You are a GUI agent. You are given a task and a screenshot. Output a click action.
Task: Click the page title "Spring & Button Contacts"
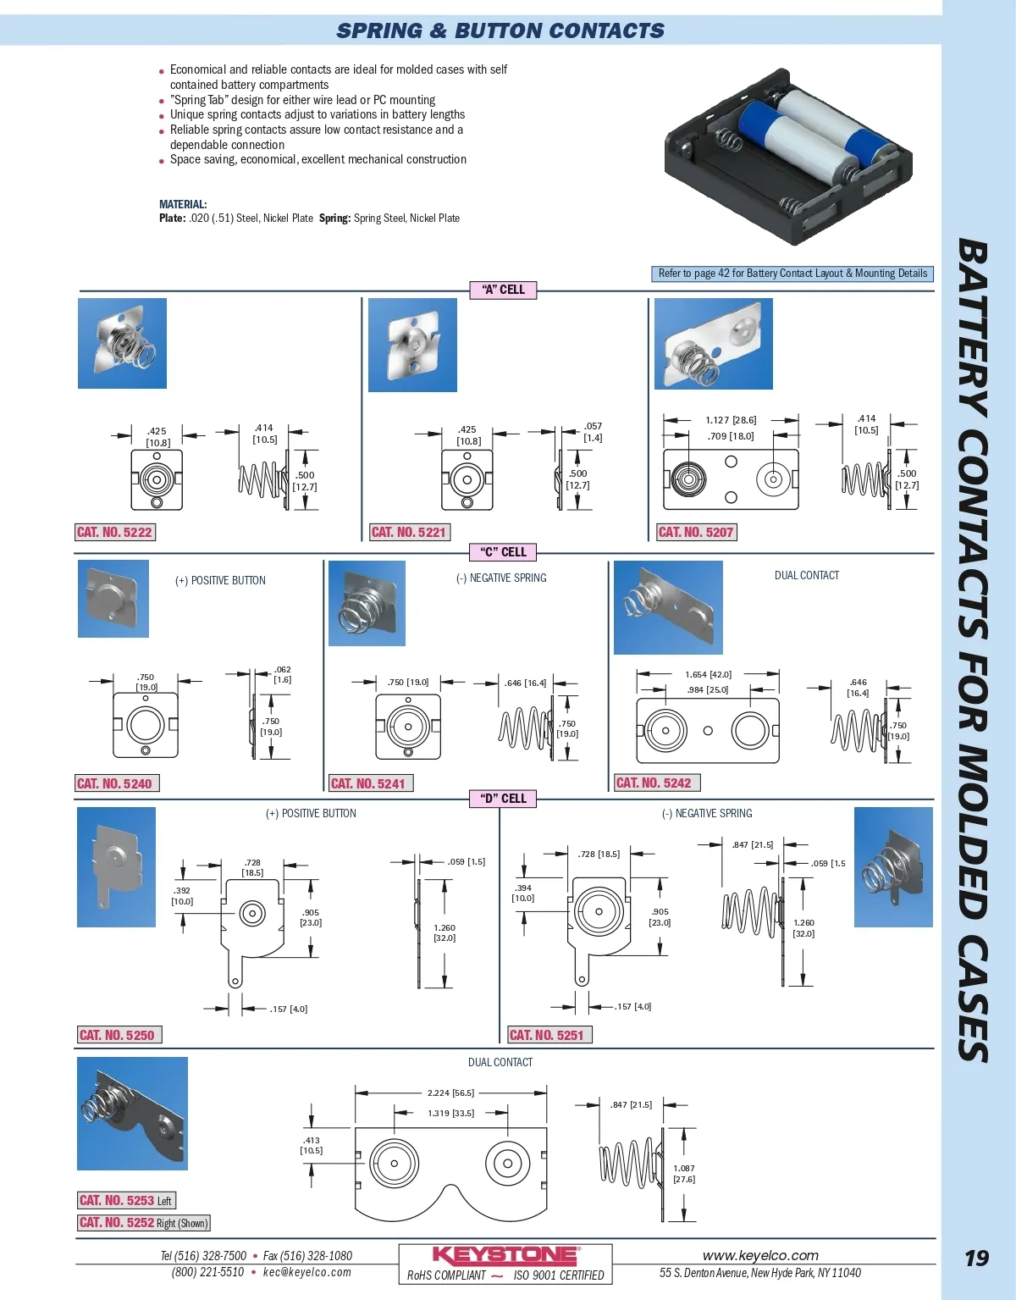[500, 31]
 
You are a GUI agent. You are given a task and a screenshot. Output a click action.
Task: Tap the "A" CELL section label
[503, 290]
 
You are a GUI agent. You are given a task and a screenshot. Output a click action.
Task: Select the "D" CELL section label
[503, 799]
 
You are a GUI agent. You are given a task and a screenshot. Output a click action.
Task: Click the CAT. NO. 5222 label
[114, 532]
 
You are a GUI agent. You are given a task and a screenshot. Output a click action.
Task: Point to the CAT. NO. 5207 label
[696, 532]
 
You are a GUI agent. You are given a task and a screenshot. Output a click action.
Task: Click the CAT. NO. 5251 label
[547, 1035]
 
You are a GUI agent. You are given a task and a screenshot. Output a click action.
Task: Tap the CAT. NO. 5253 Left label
[126, 1200]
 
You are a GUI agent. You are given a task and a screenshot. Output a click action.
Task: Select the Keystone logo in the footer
[505, 1255]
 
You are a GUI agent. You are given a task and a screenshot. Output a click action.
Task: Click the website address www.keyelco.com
[760, 1255]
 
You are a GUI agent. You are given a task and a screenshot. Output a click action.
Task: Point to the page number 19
[976, 1259]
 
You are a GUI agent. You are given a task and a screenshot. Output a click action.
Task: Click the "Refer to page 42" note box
[792, 274]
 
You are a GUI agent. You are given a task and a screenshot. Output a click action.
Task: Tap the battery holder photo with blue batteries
[788, 156]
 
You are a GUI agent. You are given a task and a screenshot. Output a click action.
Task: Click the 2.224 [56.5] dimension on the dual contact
[450, 1093]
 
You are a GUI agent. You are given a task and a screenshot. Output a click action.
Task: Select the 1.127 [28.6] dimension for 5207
[731, 420]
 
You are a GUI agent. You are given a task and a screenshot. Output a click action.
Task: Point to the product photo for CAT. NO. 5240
[113, 599]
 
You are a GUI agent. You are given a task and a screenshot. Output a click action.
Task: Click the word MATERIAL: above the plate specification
[183, 204]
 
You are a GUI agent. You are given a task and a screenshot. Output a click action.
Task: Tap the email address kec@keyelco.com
[306, 1272]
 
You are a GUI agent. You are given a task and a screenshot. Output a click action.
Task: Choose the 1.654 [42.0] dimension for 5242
[708, 675]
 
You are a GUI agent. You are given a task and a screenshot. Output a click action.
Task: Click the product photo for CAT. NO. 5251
[893, 867]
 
